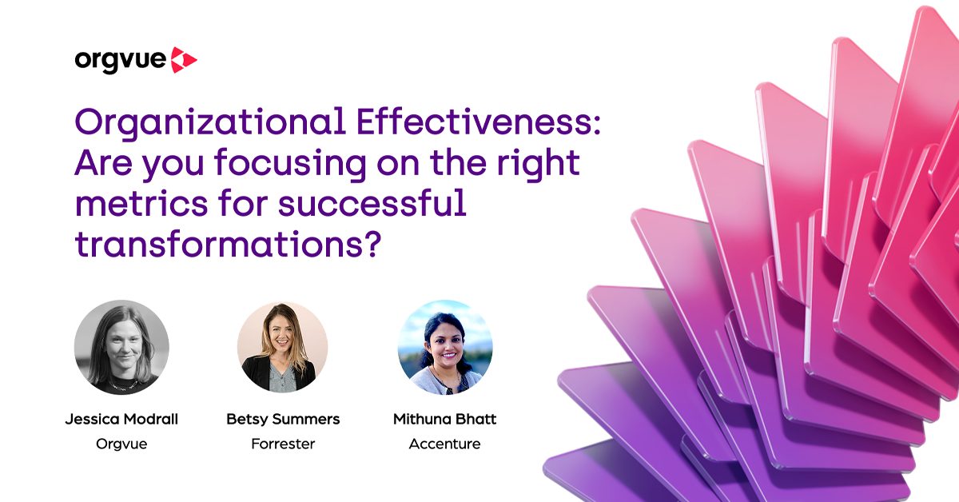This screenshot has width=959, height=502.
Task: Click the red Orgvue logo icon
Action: (x=185, y=60)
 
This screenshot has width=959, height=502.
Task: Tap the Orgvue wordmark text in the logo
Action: (x=121, y=61)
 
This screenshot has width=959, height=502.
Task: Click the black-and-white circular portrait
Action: (x=121, y=347)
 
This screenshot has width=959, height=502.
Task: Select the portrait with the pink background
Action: (x=283, y=347)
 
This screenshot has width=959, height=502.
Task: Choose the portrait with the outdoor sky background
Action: (x=445, y=347)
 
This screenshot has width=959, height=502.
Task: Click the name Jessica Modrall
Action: (x=121, y=420)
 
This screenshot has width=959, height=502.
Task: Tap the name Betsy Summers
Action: (x=283, y=420)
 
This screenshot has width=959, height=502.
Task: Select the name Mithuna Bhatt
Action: (x=445, y=420)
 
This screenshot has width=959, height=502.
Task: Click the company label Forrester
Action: (x=283, y=444)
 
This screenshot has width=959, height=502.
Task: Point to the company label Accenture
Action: (x=445, y=444)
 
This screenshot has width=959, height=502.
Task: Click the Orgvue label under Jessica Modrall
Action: (x=121, y=444)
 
